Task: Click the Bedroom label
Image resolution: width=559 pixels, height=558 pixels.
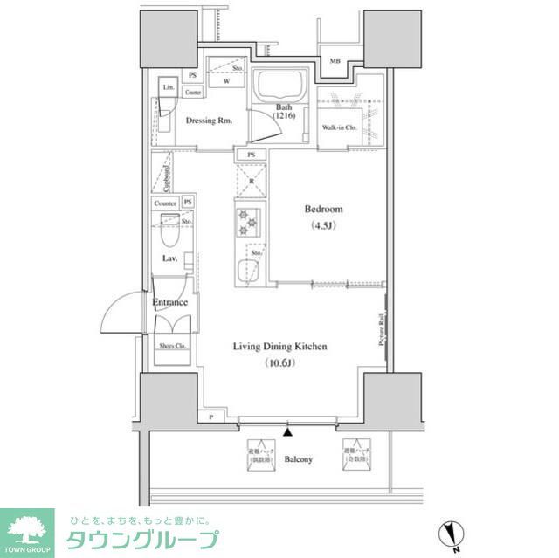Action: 323,210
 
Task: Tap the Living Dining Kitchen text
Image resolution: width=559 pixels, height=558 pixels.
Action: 279,347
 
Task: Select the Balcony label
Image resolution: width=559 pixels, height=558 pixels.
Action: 299,459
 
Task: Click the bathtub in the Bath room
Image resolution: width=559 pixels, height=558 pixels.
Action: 277,88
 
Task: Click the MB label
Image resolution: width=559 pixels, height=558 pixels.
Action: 335,61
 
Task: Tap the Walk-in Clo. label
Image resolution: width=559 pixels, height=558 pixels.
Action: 338,128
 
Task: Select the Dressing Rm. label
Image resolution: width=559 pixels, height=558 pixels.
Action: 209,121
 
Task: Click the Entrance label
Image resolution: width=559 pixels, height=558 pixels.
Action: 170,303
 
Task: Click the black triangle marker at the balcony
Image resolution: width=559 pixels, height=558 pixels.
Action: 288,430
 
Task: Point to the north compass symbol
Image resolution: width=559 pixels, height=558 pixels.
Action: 452,532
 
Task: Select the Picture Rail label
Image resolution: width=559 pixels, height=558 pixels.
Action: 382,330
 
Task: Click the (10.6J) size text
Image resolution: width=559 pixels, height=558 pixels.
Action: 279,362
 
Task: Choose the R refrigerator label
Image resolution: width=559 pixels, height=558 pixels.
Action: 251,183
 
